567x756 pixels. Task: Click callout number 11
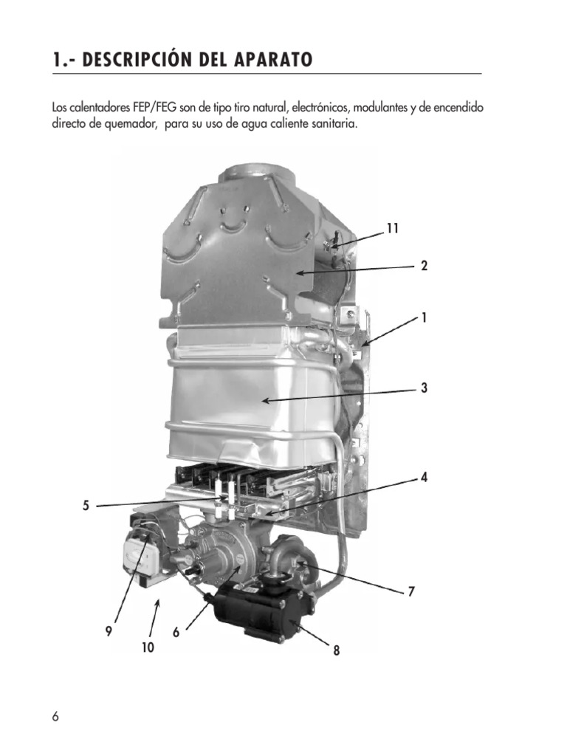click(392, 229)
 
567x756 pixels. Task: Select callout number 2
click(424, 266)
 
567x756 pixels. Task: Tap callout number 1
click(424, 317)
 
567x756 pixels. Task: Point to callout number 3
click(424, 388)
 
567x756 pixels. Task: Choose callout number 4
click(424, 478)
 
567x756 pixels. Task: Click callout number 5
click(86, 506)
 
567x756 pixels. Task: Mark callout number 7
click(412, 591)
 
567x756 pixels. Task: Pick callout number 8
click(337, 650)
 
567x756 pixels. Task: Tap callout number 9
click(109, 631)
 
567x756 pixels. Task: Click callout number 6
click(176, 633)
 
